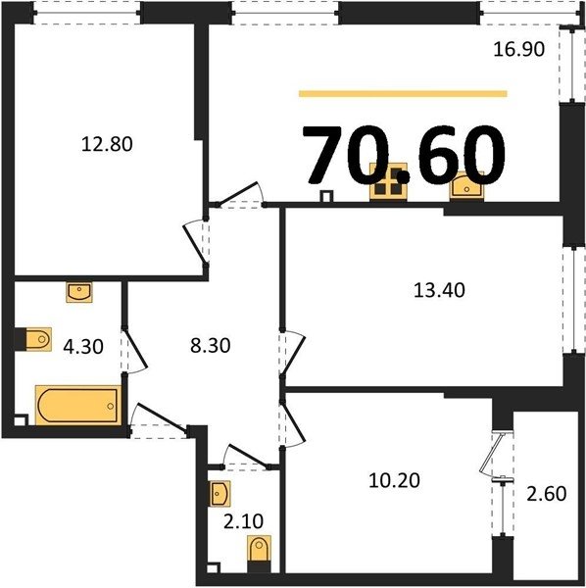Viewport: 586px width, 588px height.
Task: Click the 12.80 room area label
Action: [107, 144]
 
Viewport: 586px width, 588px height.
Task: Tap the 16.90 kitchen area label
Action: [518, 49]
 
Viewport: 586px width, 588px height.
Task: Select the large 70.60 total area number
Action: [404, 155]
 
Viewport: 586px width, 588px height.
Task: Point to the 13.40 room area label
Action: [439, 290]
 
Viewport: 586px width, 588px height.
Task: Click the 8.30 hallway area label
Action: [210, 345]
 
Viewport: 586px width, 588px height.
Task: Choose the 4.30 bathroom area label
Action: [83, 347]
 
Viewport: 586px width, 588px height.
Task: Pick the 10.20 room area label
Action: [394, 480]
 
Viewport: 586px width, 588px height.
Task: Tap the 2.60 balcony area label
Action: [546, 494]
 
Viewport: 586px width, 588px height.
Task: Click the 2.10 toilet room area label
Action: [243, 521]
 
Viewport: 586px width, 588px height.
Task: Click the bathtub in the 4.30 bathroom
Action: [78, 406]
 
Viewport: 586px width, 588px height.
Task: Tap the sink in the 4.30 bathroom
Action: [79, 292]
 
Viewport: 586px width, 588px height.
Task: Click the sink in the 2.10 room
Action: [220, 494]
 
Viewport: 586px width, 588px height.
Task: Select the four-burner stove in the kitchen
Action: [388, 181]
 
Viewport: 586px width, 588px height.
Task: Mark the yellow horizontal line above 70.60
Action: [403, 94]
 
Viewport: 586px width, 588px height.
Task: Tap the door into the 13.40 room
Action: [294, 352]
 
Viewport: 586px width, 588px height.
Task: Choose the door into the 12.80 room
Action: [196, 242]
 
